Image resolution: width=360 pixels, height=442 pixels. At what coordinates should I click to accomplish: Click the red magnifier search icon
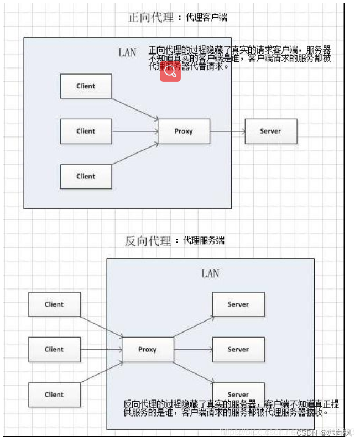[170, 71]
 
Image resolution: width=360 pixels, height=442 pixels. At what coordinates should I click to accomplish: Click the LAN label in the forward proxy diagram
[127, 52]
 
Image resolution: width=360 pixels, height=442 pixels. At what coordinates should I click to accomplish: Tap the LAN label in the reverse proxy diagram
[210, 273]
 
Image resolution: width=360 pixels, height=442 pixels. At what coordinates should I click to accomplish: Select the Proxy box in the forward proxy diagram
[184, 131]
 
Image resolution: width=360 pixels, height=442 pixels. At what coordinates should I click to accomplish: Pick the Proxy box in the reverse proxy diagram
[148, 349]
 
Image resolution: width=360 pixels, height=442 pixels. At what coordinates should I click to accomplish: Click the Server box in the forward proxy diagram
[270, 131]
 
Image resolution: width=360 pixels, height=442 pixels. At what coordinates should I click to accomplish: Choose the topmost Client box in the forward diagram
[86, 86]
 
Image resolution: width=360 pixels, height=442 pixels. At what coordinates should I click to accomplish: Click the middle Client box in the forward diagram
[86, 131]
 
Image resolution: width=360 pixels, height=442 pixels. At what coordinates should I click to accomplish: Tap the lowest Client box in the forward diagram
[86, 177]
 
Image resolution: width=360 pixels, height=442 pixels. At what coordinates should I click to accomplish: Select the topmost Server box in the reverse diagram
[238, 304]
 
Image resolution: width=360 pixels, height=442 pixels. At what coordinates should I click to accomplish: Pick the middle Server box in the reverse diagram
[238, 350]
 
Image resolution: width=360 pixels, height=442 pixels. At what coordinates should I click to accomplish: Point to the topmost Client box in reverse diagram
[54, 304]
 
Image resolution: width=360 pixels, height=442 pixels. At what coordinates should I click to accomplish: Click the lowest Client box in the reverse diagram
[54, 394]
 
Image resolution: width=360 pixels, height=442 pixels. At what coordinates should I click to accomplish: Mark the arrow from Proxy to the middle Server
[193, 349]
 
